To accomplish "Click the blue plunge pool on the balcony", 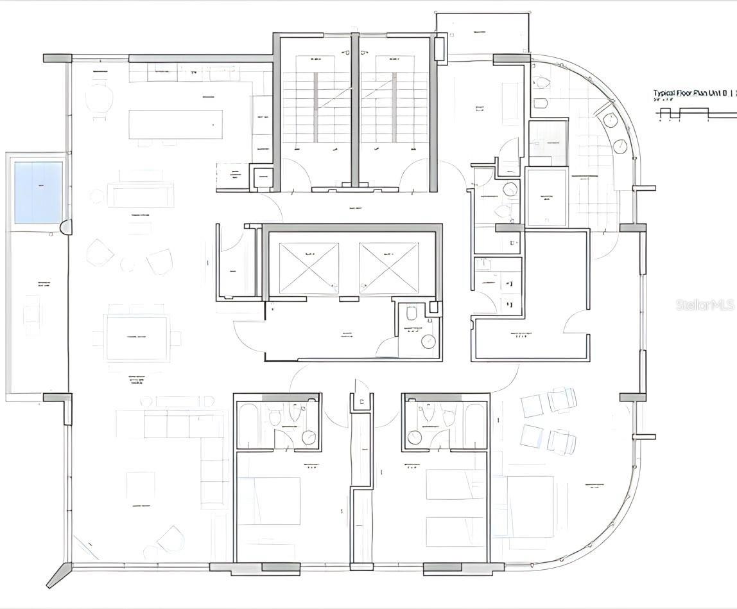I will [x=39, y=192].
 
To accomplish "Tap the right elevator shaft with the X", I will [x=388, y=268].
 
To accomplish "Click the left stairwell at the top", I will [x=315, y=109].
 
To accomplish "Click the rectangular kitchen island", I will [x=175, y=124].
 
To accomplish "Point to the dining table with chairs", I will [x=137, y=338].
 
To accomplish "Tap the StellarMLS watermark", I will [x=705, y=304].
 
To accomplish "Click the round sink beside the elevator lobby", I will [x=428, y=341].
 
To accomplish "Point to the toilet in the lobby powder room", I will [x=412, y=313].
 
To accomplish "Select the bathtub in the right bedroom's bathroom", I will [x=475, y=424].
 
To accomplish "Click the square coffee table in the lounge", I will [x=140, y=486].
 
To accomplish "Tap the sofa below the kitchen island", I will [x=141, y=195].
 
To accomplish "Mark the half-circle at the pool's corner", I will [x=66, y=227].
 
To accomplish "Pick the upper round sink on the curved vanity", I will [x=610, y=120].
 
